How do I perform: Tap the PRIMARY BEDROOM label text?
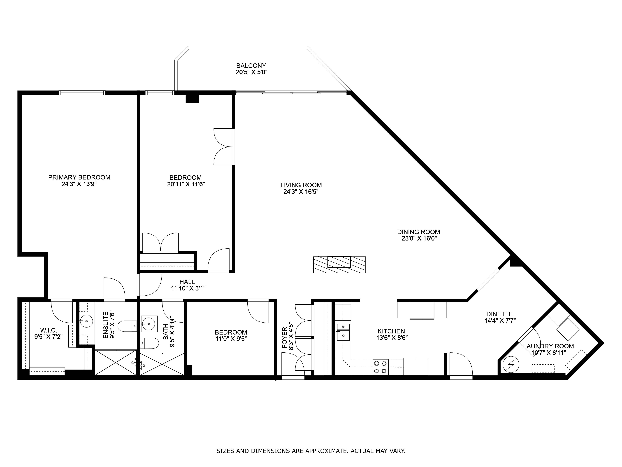[x=79, y=177]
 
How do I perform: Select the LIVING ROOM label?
[x=301, y=185]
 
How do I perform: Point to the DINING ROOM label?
[x=418, y=232]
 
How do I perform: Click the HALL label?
[x=187, y=282]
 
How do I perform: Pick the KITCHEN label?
[x=391, y=331]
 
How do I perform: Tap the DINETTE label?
[x=500, y=314]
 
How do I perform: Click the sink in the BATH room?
[x=149, y=324]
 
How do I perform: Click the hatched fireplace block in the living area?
[x=340, y=265]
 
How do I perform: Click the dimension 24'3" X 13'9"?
[x=79, y=184]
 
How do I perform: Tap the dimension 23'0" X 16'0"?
[x=418, y=239]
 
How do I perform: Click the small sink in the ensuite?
[x=86, y=321]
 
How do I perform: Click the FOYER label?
[x=285, y=338]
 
